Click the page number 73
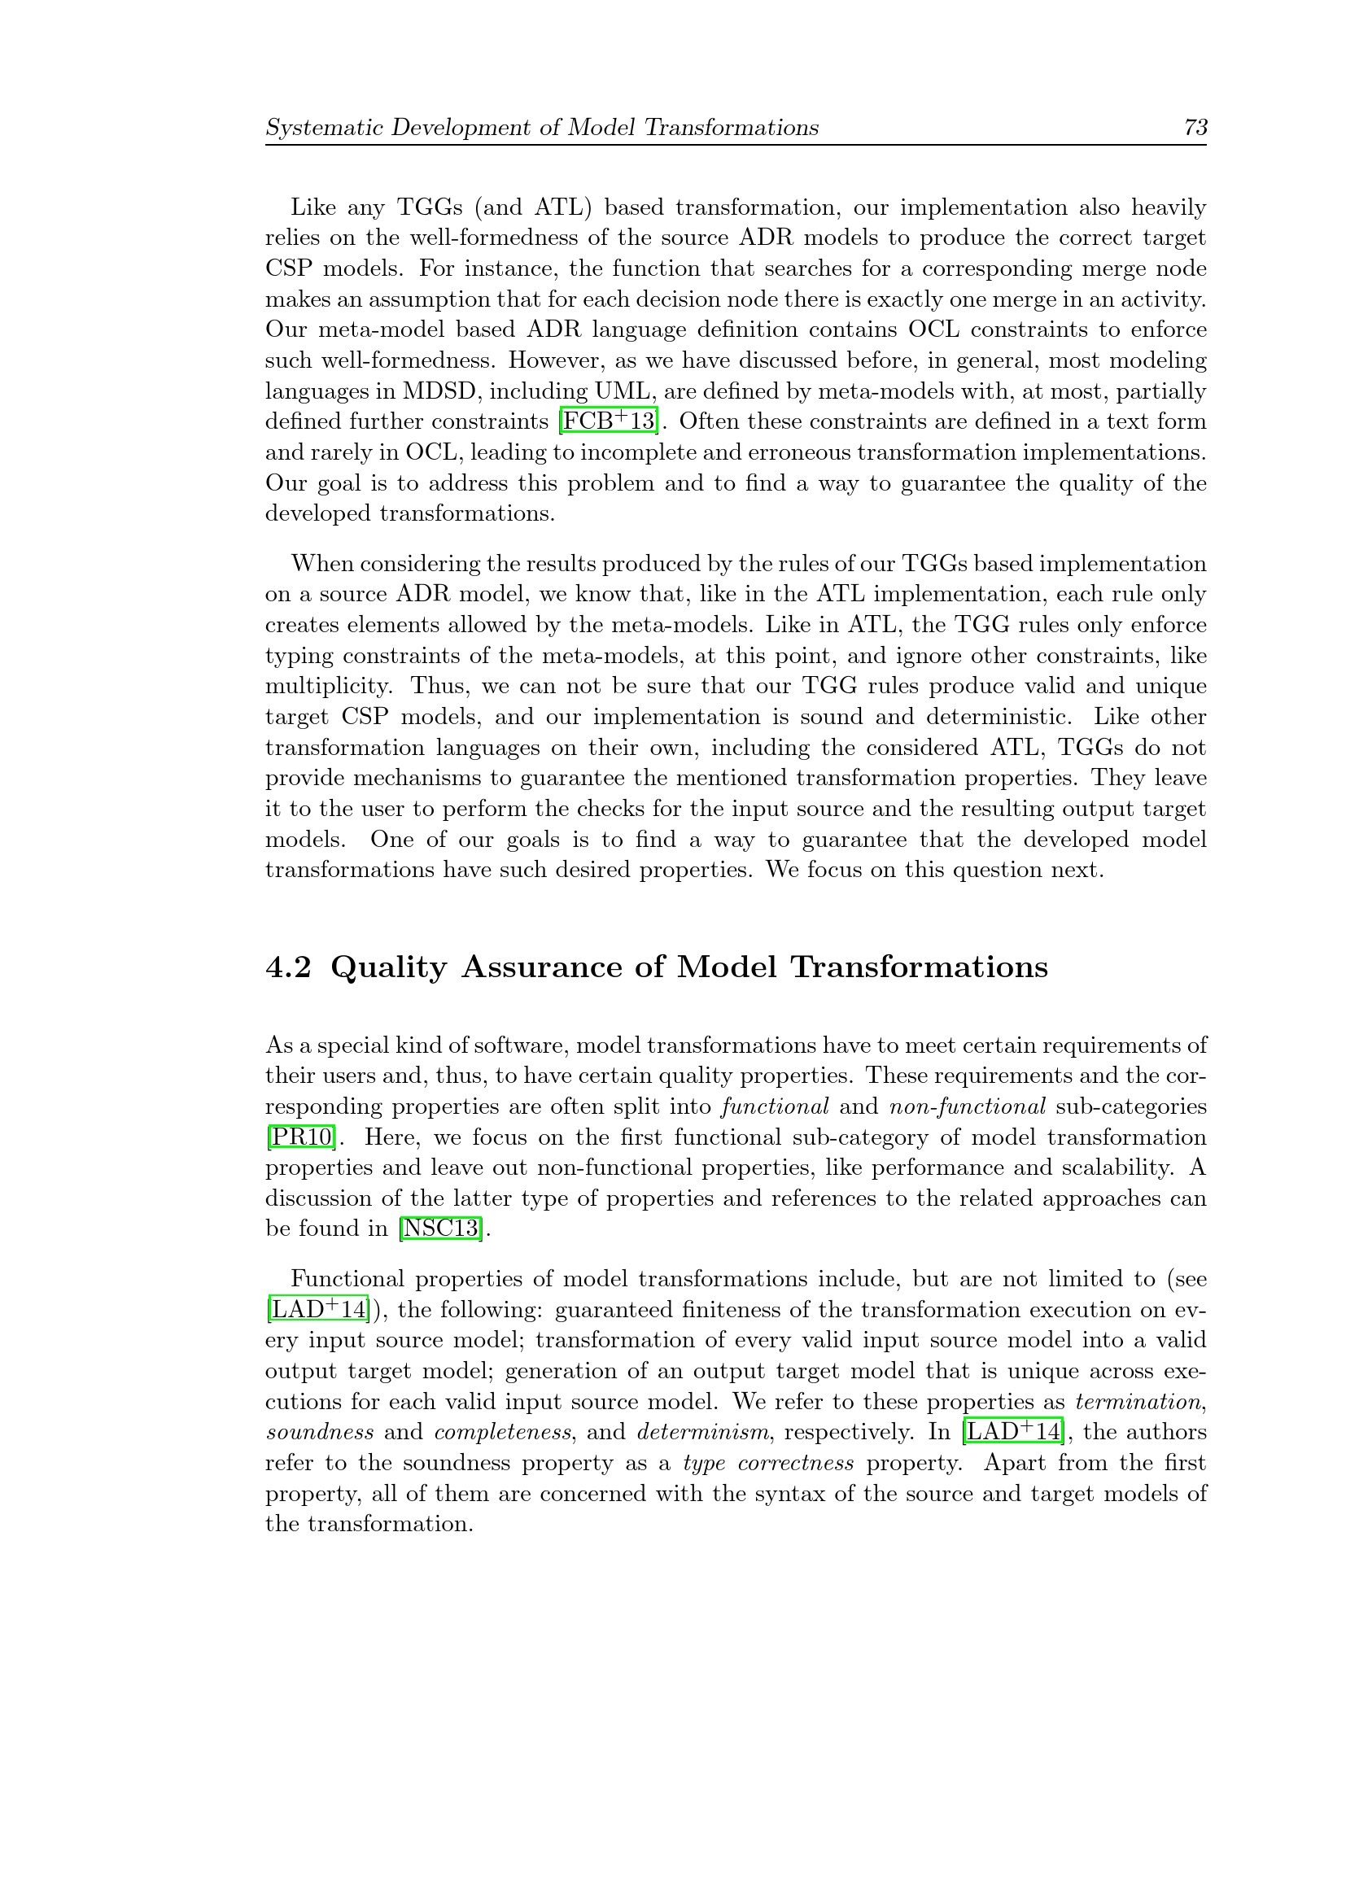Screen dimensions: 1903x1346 click(1195, 128)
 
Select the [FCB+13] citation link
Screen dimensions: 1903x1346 click(610, 422)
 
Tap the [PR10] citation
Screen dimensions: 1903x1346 click(301, 1137)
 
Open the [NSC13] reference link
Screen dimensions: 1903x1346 click(440, 1229)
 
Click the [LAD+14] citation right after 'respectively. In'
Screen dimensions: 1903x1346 click(1012, 1432)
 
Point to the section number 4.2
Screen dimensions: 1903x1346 click(287, 967)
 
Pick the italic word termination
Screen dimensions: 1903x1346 click(1138, 1402)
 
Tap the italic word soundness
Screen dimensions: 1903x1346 click(319, 1432)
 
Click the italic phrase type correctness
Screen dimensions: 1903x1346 click(768, 1463)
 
